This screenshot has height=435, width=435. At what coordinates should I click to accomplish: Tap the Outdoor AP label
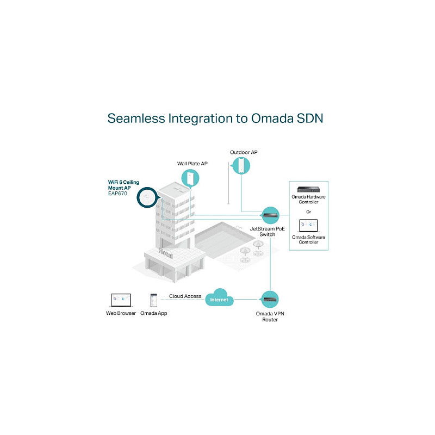[244, 152]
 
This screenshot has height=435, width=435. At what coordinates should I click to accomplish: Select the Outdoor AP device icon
[241, 166]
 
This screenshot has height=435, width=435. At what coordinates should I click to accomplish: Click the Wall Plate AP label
[192, 164]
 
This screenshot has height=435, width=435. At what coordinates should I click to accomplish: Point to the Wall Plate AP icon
[190, 178]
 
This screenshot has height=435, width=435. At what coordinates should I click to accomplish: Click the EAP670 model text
[117, 194]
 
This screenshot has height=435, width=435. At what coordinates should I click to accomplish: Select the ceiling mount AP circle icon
[147, 197]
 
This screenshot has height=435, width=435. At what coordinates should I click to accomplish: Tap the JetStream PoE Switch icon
[270, 215]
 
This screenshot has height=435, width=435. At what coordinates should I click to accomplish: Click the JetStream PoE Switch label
[268, 232]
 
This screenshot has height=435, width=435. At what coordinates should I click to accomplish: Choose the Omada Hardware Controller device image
[308, 189]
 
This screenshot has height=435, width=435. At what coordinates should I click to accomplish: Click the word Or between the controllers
[308, 212]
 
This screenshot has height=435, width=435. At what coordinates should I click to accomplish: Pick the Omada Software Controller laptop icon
[308, 226]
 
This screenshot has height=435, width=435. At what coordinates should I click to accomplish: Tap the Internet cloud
[219, 297]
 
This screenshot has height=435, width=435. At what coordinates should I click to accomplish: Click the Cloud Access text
[185, 296]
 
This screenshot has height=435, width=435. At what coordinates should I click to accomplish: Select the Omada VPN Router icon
[269, 300]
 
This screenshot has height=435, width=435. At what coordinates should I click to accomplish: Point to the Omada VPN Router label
[270, 316]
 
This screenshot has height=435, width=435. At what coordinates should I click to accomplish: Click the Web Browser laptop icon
[121, 301]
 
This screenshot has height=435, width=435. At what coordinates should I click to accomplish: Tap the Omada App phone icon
[153, 301]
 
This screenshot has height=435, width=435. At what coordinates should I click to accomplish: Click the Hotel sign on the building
[166, 253]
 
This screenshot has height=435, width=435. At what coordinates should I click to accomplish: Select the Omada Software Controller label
[308, 240]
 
